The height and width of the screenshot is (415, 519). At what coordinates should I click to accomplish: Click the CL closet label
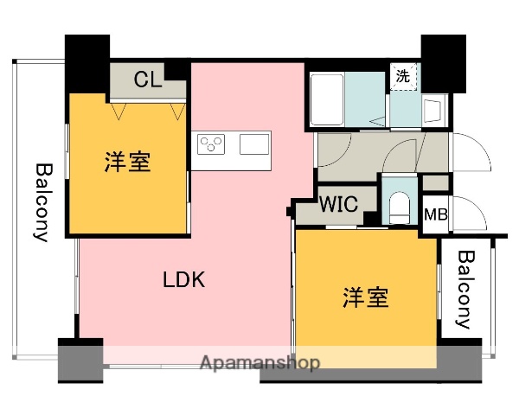pyautogui.click(x=148, y=80)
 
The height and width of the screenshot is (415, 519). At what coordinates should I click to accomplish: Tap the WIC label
pyautogui.click(x=336, y=206)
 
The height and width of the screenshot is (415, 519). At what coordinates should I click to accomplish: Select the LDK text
pyautogui.click(x=183, y=279)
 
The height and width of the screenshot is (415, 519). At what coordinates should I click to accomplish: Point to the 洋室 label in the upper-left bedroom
pyautogui.click(x=128, y=161)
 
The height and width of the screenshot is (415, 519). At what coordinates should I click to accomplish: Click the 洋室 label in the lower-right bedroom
pyautogui.click(x=365, y=298)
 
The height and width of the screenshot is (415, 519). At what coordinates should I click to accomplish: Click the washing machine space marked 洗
pyautogui.click(x=403, y=76)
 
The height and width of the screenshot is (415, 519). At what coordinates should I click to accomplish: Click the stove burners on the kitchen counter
pyautogui.click(x=211, y=144)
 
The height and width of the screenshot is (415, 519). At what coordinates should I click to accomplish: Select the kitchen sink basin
pyautogui.click(x=254, y=144)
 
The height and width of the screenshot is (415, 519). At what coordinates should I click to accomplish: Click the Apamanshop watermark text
pyautogui.click(x=259, y=362)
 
